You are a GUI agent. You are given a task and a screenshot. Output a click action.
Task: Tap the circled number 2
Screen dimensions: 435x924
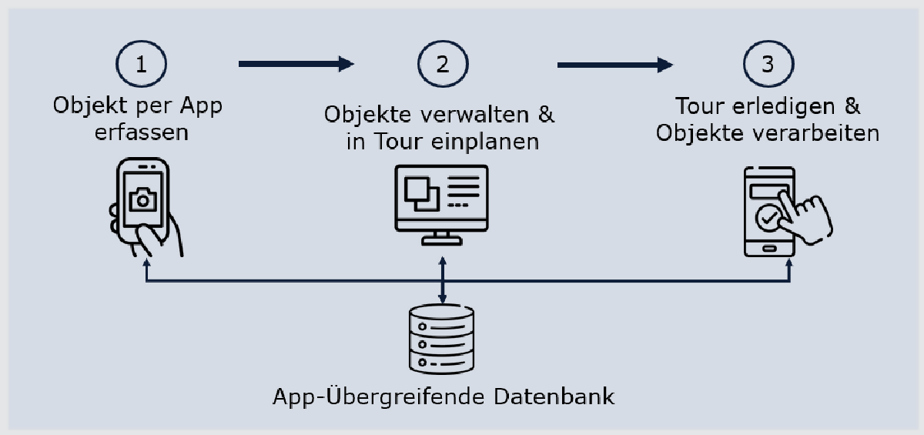coord(441,64)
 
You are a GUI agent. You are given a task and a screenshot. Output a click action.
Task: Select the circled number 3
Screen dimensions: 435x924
coord(766,64)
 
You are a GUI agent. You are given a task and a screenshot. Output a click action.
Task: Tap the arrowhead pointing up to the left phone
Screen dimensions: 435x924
coord(146,264)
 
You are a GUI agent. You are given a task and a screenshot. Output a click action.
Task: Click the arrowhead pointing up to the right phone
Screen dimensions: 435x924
coord(789,264)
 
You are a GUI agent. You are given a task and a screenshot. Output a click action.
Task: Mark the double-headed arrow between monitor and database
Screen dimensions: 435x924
coord(441,281)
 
